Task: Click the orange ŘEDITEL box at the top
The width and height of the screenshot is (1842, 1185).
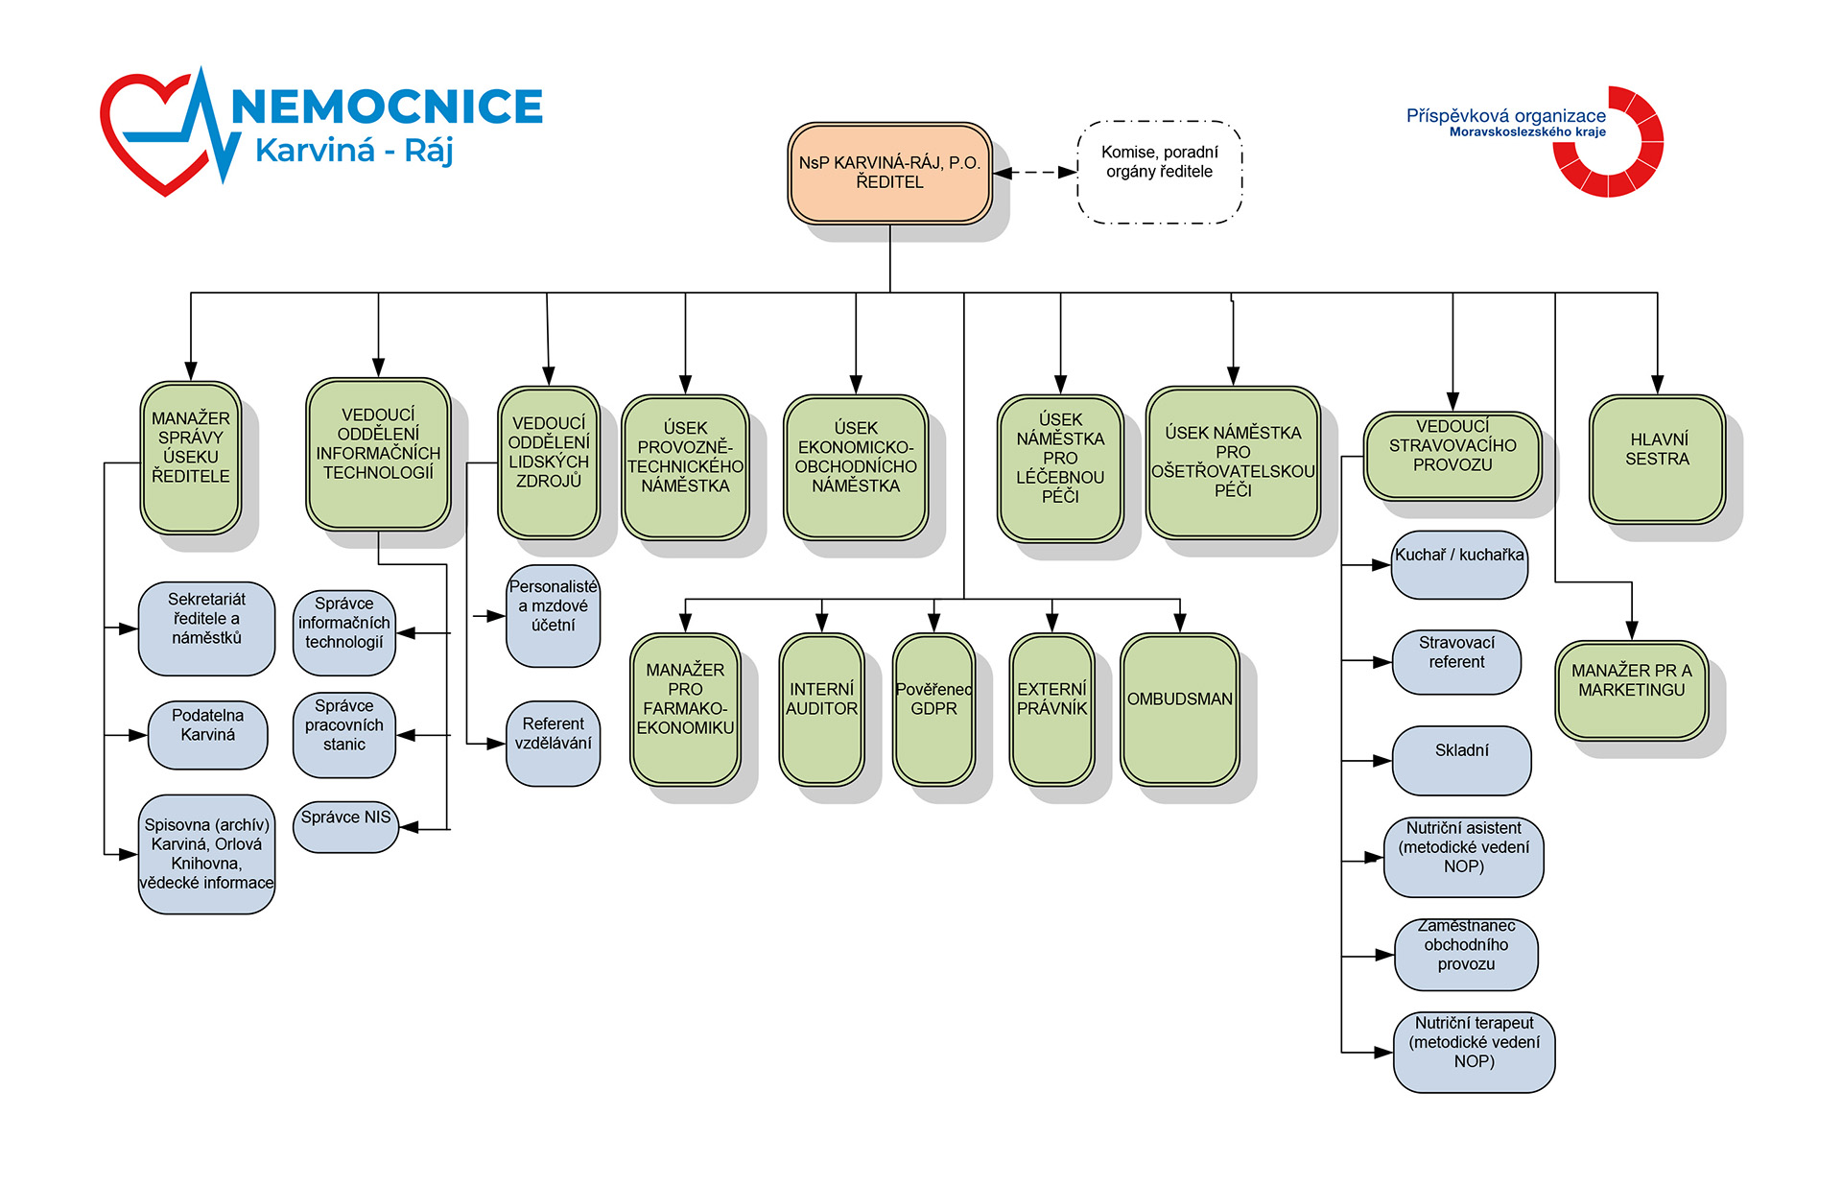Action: coord(889,173)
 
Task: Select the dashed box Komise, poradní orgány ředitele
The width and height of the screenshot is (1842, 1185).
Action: coord(1159,172)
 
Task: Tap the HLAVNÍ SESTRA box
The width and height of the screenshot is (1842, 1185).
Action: coord(1657,460)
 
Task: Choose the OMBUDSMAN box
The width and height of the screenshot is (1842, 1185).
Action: coord(1179,709)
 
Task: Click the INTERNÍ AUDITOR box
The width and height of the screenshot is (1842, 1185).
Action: coord(821,709)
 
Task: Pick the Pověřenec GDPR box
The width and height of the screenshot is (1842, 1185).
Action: coord(933,709)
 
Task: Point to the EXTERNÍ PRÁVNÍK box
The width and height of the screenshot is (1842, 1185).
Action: coord(1051,709)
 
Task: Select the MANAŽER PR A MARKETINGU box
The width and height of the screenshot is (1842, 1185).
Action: coord(1631,691)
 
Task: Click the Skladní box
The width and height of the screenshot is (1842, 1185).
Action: coord(1461,761)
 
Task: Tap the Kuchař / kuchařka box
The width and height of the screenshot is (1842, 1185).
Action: coord(1459,565)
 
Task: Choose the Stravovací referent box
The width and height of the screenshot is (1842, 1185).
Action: coord(1456,662)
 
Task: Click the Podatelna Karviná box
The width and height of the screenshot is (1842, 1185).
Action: coord(207,735)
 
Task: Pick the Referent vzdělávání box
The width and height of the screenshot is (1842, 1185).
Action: coord(553,744)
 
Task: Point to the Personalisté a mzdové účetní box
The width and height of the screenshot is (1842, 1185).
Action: coord(553,616)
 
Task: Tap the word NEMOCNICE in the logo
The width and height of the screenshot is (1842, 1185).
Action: coord(388,106)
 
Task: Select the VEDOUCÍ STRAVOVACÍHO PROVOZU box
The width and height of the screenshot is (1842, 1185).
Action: coord(1452,456)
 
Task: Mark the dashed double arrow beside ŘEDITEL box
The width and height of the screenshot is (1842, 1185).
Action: coord(1035,173)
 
